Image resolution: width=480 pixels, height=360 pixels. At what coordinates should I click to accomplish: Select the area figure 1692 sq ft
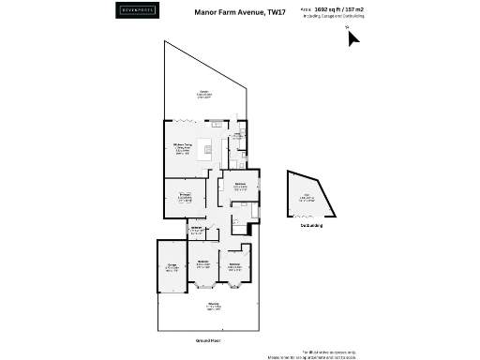324,9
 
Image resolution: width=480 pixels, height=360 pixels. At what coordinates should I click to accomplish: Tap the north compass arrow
348,37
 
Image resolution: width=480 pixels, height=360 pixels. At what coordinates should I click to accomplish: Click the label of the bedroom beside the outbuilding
240,186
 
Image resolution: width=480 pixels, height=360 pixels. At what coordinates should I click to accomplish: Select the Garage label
172,267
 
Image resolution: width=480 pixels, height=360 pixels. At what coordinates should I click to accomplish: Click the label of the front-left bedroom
203,264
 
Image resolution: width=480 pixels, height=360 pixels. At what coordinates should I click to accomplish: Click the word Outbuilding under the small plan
311,226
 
